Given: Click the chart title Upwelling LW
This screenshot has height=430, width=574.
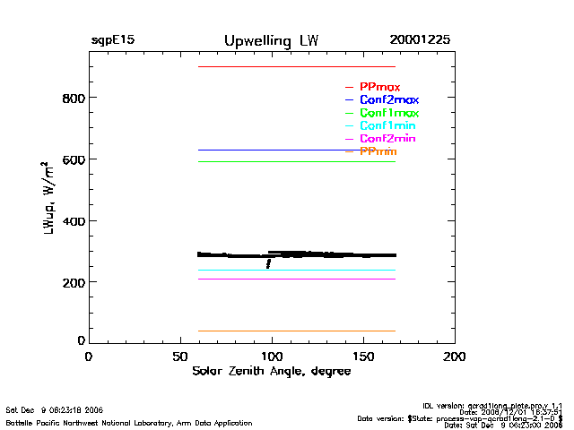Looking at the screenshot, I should coord(271,41).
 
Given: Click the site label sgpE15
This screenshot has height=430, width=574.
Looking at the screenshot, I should coord(112,41).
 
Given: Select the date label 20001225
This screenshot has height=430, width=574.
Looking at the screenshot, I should coord(420,41).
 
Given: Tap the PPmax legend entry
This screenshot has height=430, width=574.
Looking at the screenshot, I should coord(379,87).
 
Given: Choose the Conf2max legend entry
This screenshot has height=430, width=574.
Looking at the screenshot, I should coord(388,100).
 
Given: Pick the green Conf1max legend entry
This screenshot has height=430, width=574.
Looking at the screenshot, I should coord(388,114).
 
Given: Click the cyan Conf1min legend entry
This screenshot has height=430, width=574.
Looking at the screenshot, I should coord(387,126).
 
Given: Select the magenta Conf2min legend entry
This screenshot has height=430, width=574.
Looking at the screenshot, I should coord(387,140).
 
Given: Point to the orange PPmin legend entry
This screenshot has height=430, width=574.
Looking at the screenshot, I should coord(378,152).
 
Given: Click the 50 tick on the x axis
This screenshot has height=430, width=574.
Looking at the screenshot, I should coord(179,357).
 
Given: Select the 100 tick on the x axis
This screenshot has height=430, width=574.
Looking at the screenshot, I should coord(272,357).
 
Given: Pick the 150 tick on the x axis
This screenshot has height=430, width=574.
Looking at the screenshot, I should coord(363,357).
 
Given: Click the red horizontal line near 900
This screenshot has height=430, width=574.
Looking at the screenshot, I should coord(296,67).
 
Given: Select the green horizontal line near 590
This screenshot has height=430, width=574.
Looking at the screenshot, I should coord(296,161).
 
